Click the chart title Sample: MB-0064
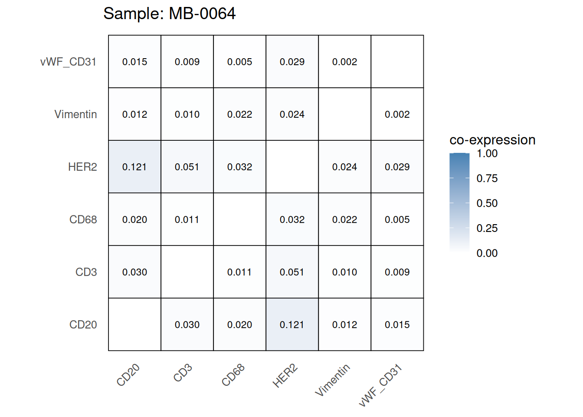pos(169,13)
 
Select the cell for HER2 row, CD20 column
pos(134,167)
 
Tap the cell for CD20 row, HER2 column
pos(292,324)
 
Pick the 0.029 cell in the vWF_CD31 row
pos(292,62)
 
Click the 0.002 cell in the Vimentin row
pos(397,114)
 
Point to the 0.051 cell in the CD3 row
pos(292,272)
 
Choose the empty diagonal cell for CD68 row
pos(239,219)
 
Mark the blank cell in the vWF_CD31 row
pos(397,62)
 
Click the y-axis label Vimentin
pos(75,114)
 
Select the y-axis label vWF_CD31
pos(68,62)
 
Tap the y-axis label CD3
pos(86,272)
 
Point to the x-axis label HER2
pos(285,376)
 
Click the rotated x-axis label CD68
pos(233,375)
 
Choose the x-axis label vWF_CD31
pos(381,385)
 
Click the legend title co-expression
pos(492,140)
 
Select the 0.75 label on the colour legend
pos(487,178)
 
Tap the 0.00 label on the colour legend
pos(487,253)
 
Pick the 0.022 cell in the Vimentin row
pos(239,114)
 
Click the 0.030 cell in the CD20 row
pos(187,324)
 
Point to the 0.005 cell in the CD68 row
pos(397,219)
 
